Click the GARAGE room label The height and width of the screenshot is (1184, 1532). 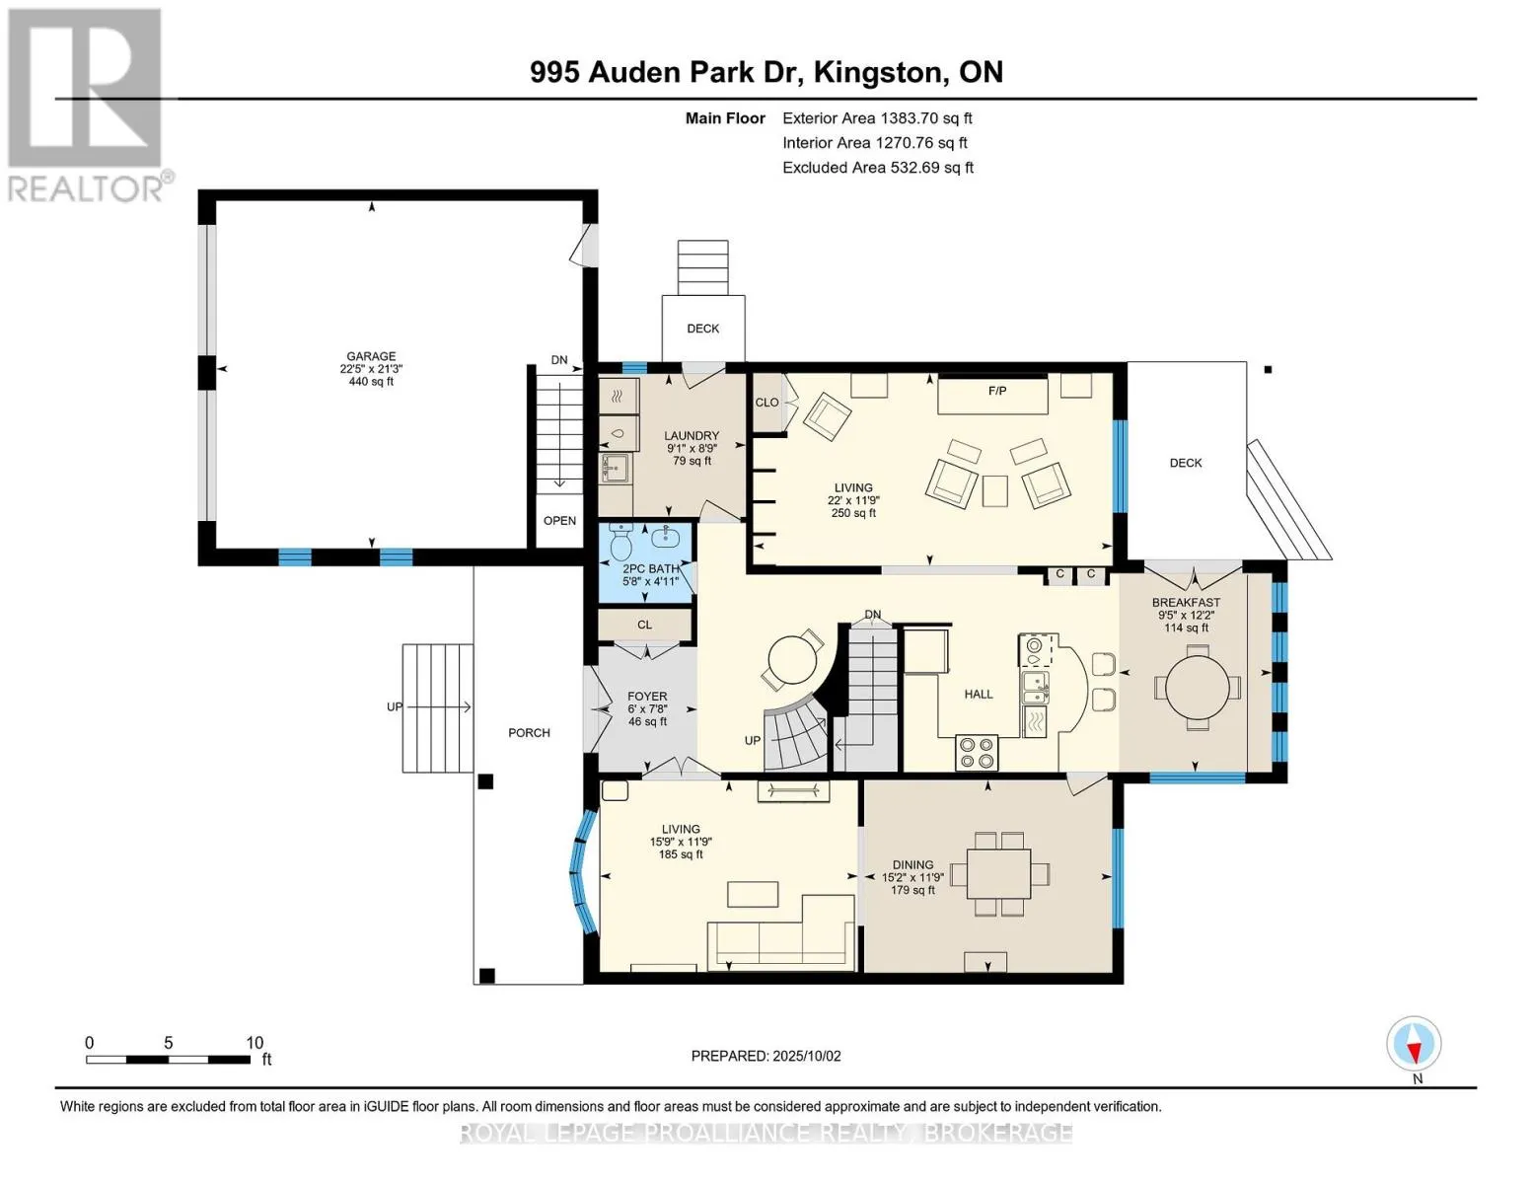click(x=371, y=357)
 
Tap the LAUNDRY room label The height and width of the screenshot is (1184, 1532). click(x=691, y=436)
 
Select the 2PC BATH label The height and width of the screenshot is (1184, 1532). click(x=650, y=569)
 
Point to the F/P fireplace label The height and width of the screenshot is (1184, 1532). click(x=997, y=391)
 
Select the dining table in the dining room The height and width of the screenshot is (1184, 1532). click(x=998, y=874)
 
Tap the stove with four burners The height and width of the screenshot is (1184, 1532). click(x=977, y=753)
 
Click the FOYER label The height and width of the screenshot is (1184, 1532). click(x=647, y=697)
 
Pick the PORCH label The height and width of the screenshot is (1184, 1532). click(x=529, y=733)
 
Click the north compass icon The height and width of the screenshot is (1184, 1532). click(x=1414, y=1044)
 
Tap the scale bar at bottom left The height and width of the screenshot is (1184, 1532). click(x=168, y=1060)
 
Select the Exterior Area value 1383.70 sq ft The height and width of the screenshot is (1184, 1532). click(x=925, y=118)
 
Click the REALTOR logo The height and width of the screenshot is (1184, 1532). click(x=85, y=104)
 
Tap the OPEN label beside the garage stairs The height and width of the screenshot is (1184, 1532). click(x=559, y=521)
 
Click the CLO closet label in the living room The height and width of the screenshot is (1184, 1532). click(x=766, y=403)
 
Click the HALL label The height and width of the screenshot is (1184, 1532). click(x=979, y=695)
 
